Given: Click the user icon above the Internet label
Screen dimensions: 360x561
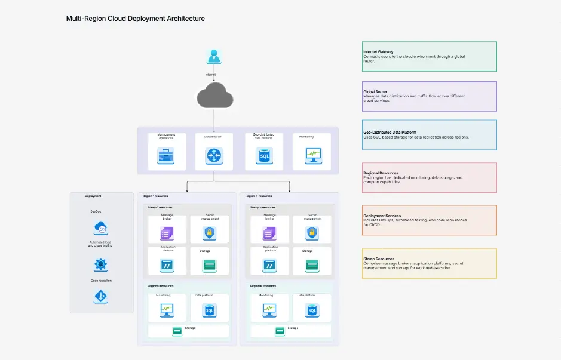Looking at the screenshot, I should (213, 57).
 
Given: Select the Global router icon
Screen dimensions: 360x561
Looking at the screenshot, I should (213, 156).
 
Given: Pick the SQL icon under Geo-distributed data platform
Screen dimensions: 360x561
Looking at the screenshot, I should (263, 156).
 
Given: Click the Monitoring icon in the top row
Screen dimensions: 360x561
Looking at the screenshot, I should (313, 156).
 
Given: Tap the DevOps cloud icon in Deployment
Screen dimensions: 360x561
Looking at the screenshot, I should (100, 228).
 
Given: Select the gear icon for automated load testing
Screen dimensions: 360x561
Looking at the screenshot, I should (100, 264).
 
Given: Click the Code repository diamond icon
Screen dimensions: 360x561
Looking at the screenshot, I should (100, 296).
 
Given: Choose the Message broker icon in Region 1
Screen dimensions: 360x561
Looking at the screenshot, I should (167, 234).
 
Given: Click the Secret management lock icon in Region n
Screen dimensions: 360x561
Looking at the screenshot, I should (312, 234).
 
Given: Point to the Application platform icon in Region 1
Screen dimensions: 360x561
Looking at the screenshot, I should (167, 265).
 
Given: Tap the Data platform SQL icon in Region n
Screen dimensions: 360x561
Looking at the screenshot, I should (311, 310).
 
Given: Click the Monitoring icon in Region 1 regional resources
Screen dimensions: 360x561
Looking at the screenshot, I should (167, 310).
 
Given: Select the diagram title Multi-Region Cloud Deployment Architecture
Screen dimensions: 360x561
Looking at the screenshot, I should (136, 19).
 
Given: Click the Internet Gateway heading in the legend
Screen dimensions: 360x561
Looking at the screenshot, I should (378, 52).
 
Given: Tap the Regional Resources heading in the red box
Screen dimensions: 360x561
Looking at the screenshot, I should (380, 173).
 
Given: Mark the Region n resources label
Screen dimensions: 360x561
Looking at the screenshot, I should (259, 196).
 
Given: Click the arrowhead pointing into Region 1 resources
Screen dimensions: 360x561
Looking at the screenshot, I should (188, 190).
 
